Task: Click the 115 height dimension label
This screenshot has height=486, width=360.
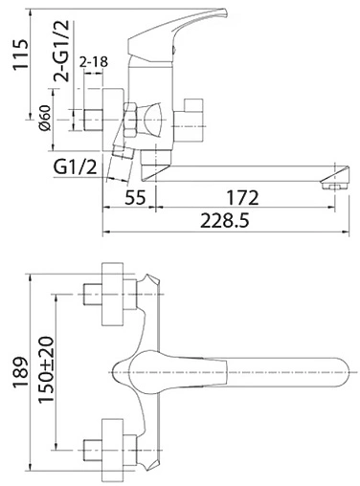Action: tap(20, 55)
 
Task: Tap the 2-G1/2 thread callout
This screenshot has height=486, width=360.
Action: tap(61, 50)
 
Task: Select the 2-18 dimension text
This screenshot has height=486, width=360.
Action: tap(94, 62)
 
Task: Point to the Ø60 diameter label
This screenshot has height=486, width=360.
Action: tap(45, 118)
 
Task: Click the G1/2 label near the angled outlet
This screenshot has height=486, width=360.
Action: tap(75, 166)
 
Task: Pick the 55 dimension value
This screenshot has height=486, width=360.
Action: tap(135, 197)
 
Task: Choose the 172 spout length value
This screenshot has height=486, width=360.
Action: tap(242, 197)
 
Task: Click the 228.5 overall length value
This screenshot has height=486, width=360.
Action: tap(224, 221)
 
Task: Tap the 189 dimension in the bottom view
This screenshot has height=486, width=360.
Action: tap(20, 372)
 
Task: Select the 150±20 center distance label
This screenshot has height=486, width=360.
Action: tap(47, 369)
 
